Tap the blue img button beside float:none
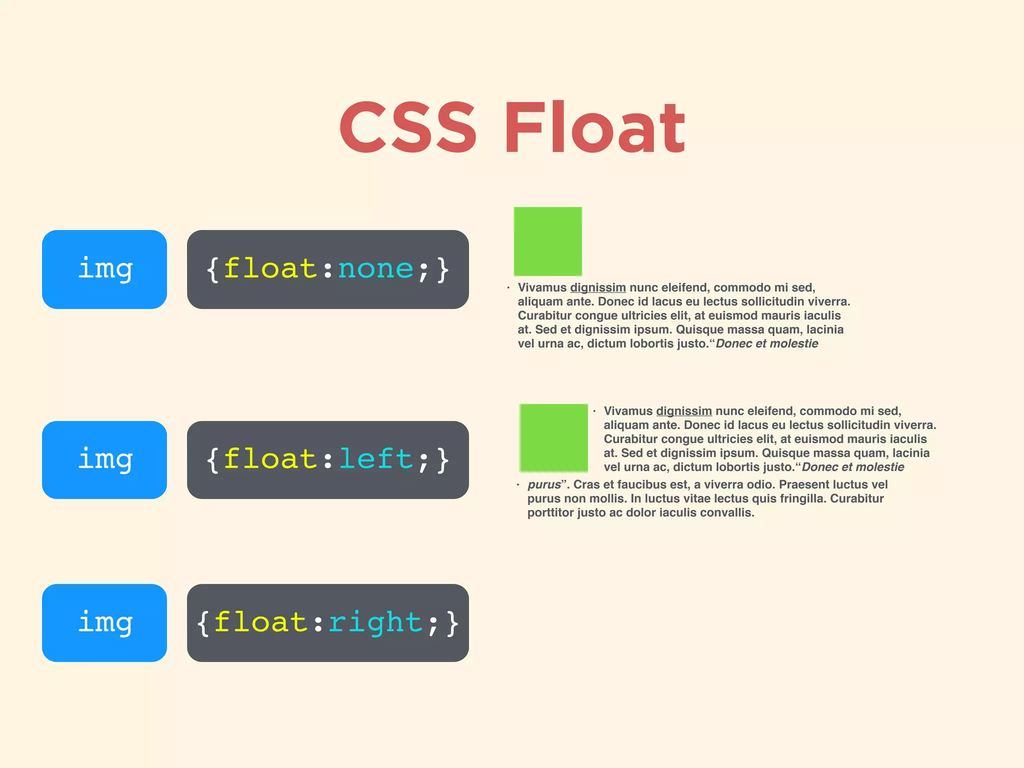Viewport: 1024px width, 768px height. pos(104,269)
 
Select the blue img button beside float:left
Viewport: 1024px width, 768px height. pos(104,460)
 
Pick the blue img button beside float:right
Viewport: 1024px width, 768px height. pos(104,623)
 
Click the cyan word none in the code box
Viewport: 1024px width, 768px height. pos(375,269)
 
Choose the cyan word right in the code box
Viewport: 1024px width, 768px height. pos(375,623)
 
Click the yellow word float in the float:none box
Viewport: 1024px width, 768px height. pos(270,269)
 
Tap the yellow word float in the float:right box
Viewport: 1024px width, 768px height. pos(260,623)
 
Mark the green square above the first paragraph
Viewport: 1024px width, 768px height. pos(548,241)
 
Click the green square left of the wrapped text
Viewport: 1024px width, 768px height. pos(553,438)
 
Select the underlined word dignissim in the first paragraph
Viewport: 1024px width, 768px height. pos(598,287)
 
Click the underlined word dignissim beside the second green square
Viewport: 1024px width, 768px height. pos(684,411)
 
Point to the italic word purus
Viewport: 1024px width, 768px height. pos(544,484)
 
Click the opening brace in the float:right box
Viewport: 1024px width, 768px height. pos(203,623)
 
